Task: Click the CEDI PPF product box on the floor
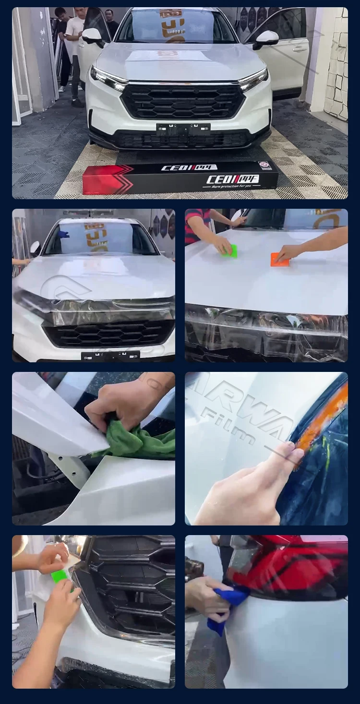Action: (180, 177)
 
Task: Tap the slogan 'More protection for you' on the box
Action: (232, 187)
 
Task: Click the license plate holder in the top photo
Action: (183, 128)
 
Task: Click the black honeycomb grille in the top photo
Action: (182, 101)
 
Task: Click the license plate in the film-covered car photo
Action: (110, 356)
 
